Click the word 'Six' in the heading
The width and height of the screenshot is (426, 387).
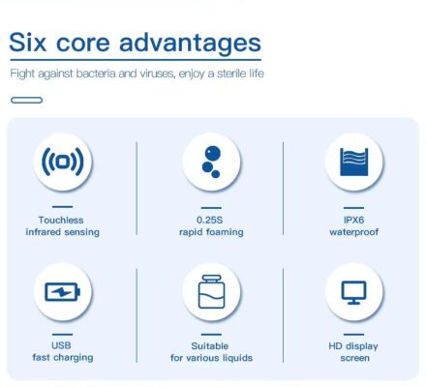(28, 43)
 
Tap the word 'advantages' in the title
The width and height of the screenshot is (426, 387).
(190, 45)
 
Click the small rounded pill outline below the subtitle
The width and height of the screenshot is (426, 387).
(26, 101)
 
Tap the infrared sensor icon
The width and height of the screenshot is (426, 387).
(63, 162)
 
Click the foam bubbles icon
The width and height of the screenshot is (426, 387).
(211, 162)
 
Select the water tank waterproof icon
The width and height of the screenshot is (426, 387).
(354, 162)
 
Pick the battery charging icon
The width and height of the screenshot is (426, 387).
(62, 292)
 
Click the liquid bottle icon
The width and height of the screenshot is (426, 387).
(211, 291)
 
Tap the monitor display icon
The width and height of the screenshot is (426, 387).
(354, 292)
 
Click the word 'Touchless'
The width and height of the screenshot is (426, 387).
(61, 221)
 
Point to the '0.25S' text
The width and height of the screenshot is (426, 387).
(210, 221)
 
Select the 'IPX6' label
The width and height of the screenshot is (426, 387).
(354, 221)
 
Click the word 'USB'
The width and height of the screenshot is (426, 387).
(61, 345)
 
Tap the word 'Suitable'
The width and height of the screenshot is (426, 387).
(210, 346)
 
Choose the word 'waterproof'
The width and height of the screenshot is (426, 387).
(354, 232)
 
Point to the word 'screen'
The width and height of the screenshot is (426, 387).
(354, 358)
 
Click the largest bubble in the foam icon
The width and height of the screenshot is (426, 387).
(213, 153)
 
